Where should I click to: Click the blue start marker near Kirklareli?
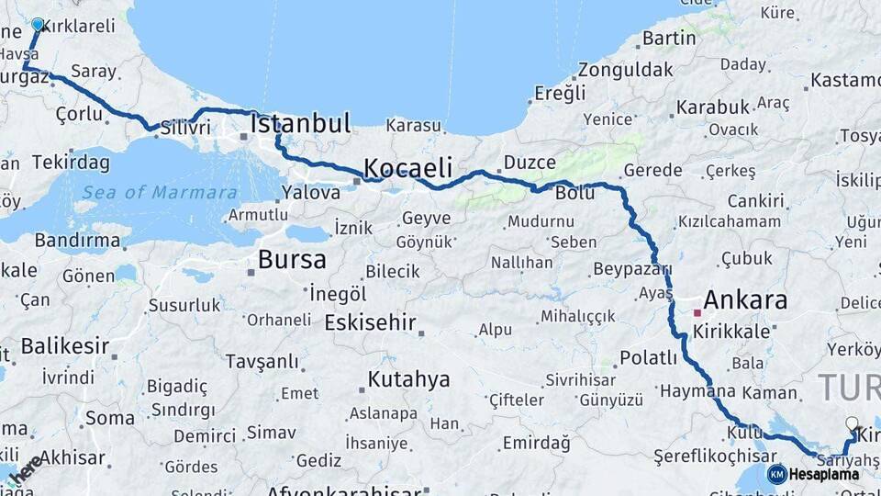pos(38,24)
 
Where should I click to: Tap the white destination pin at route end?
pos(852,424)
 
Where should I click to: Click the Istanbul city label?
pos(300,124)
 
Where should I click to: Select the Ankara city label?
pos(745,300)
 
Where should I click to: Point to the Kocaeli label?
pos(408,168)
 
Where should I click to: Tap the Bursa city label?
pos(292,260)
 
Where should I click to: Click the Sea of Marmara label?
pos(160,192)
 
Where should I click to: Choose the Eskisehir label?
pos(370,323)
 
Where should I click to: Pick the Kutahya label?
pos(408,379)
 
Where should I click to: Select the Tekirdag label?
pos(71,163)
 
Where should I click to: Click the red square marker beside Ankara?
pos(697,312)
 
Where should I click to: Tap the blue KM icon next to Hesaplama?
pos(776,474)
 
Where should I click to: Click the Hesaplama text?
pos(824,474)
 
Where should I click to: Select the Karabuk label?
pos(712,107)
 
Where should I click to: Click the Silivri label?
pos(185,128)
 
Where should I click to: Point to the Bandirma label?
pos(77,241)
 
